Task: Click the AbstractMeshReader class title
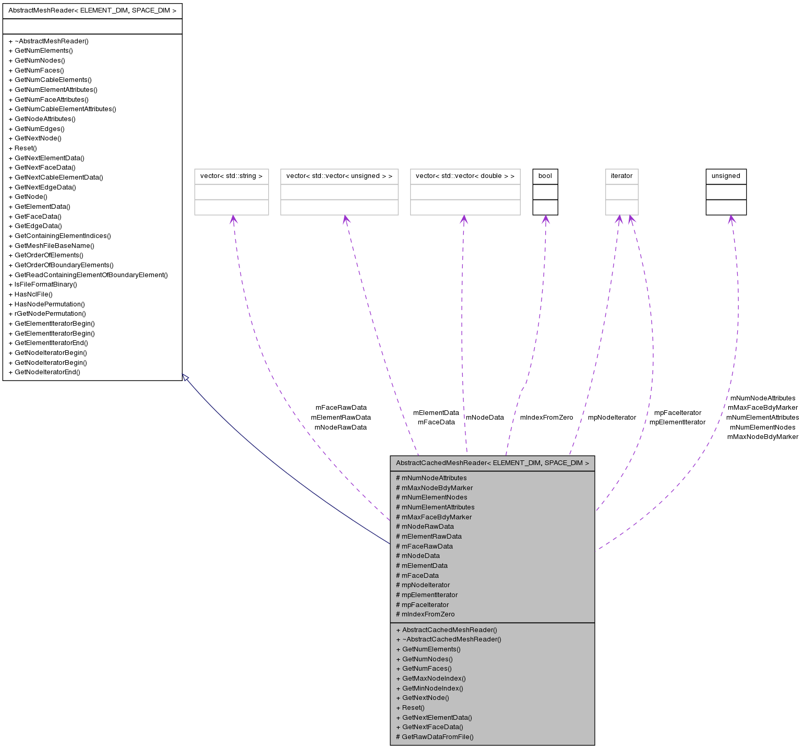(x=92, y=10)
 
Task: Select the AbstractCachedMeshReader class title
(x=492, y=463)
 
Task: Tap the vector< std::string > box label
(x=231, y=176)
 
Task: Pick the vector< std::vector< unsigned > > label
(x=339, y=176)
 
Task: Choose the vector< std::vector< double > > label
(x=465, y=176)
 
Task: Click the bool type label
(x=545, y=176)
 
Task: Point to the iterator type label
(x=621, y=176)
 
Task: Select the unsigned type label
(x=726, y=176)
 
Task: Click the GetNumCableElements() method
(x=50, y=80)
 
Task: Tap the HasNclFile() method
(x=31, y=294)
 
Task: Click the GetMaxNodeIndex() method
(x=431, y=679)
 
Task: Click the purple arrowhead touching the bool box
(x=545, y=219)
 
